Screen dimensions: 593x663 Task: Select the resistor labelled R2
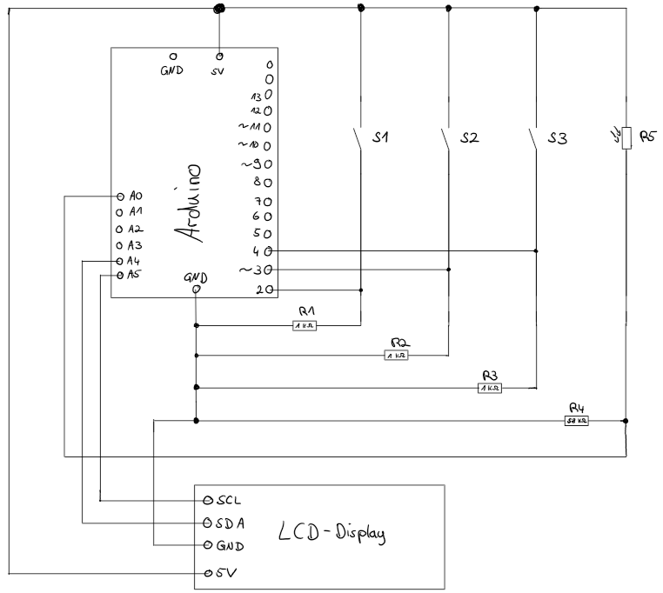(396, 355)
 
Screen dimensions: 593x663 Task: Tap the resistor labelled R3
(490, 388)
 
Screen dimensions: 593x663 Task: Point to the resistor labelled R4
(577, 421)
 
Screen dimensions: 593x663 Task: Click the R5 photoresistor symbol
(626, 137)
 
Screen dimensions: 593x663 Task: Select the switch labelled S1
(358, 139)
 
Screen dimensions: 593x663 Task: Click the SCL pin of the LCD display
(207, 501)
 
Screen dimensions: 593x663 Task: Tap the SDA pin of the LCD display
(207, 523)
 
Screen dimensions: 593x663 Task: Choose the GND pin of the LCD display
(207, 545)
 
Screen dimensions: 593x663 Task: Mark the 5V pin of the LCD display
(207, 573)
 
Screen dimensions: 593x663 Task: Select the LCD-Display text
(331, 532)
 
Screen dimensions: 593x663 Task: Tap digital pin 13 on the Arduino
(269, 96)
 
